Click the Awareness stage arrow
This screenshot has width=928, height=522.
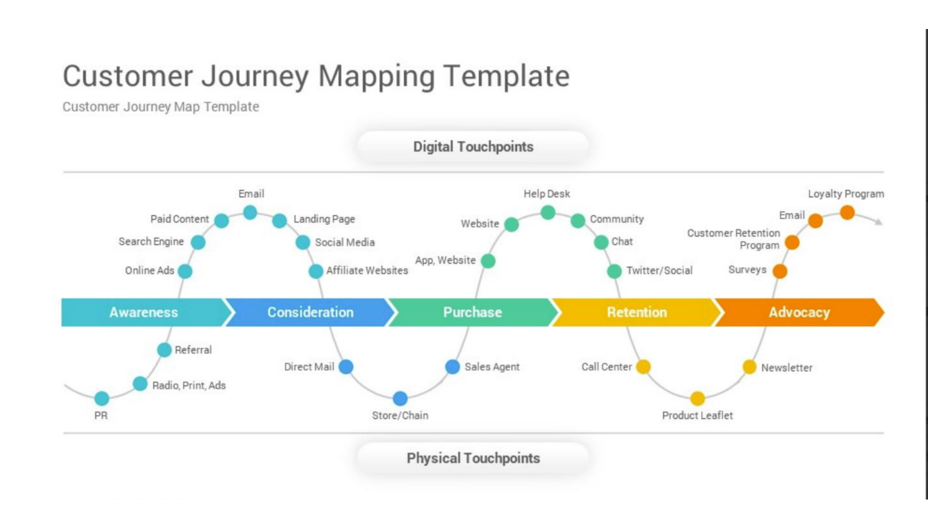[144, 312]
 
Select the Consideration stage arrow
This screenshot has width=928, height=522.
[310, 312]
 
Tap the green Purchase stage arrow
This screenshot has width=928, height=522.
[472, 312]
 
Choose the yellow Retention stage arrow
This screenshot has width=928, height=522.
[637, 312]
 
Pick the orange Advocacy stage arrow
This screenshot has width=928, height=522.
[799, 312]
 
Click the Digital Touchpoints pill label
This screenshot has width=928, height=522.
[473, 147]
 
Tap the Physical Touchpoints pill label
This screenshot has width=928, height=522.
[473, 458]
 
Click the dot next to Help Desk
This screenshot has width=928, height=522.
[548, 212]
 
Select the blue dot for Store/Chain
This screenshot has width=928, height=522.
[400, 398]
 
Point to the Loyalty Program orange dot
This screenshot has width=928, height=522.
[847, 212]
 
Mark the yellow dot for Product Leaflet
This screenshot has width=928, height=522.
[697, 398]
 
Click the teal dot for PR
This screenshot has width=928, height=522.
[101, 398]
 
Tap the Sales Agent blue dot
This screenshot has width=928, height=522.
[452, 366]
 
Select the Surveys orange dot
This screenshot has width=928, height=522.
[779, 271]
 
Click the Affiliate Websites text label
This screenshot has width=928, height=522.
[367, 270]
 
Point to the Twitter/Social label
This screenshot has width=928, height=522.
[659, 270]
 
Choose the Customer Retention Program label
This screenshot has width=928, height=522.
[734, 239]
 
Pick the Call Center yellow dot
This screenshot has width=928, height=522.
[643, 366]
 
